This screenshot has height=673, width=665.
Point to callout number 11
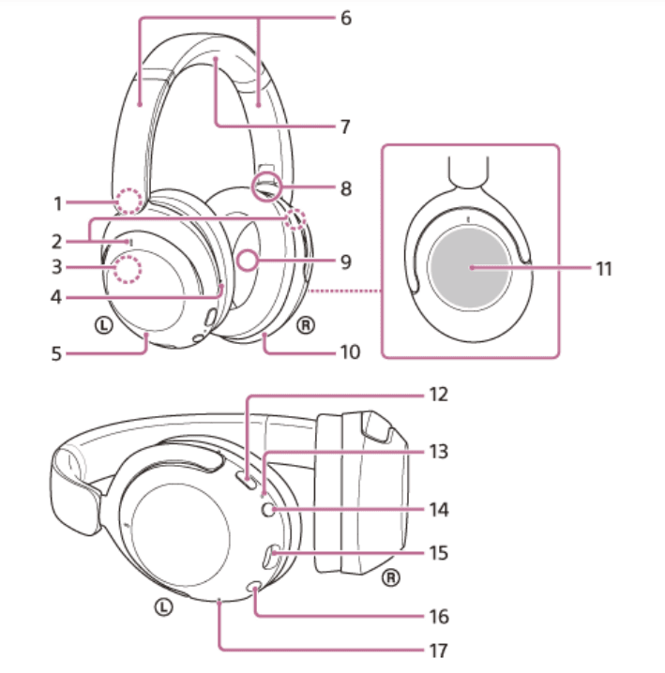click(x=603, y=268)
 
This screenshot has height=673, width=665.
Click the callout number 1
click(x=57, y=202)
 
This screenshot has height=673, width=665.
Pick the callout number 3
click(x=57, y=266)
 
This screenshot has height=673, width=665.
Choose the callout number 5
click(x=57, y=354)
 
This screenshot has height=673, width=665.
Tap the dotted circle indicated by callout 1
click(x=128, y=201)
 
